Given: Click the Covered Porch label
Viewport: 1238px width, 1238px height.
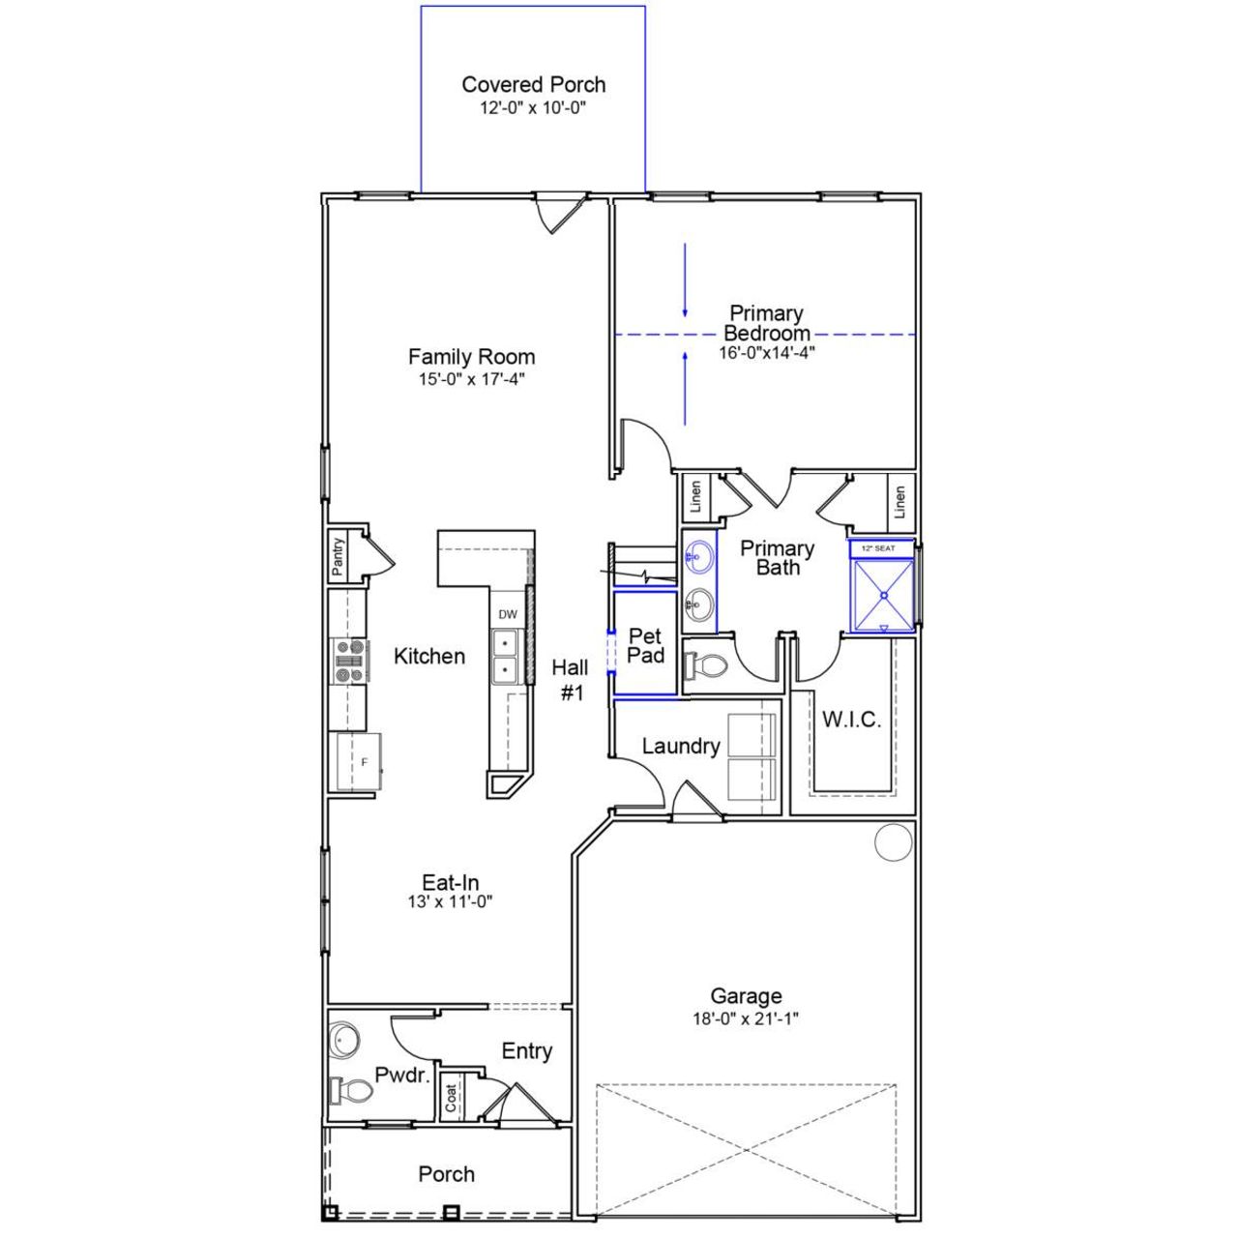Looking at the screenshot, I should pyautogui.click(x=533, y=85).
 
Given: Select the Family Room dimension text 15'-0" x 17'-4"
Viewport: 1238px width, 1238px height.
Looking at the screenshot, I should pyautogui.click(x=471, y=380).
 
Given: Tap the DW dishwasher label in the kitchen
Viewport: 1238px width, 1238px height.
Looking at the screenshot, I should pyautogui.click(x=508, y=614).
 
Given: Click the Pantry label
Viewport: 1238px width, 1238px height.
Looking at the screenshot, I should pyautogui.click(x=338, y=557).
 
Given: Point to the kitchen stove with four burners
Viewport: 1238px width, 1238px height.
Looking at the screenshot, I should pyautogui.click(x=349, y=662).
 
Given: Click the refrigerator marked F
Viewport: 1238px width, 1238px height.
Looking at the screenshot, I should pyautogui.click(x=358, y=762).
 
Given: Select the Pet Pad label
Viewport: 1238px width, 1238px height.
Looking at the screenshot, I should pyautogui.click(x=645, y=645).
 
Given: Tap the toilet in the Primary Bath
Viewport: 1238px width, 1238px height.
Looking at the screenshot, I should pyautogui.click(x=706, y=665).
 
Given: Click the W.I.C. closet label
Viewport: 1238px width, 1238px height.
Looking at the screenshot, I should pyautogui.click(x=851, y=720).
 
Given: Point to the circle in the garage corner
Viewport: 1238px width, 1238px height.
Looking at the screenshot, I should pyautogui.click(x=894, y=841).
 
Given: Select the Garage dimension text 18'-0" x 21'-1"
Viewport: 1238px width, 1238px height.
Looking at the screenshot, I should pyautogui.click(x=746, y=1018).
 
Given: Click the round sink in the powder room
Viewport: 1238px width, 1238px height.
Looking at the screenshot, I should pyautogui.click(x=343, y=1040).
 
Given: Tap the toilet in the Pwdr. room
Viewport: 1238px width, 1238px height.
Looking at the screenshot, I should pyautogui.click(x=349, y=1091).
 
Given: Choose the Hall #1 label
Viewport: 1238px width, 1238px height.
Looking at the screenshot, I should pyautogui.click(x=571, y=679).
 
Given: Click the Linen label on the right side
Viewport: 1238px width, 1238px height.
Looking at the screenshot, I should pyautogui.click(x=899, y=501).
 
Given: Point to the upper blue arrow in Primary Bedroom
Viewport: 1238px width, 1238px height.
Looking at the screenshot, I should pyautogui.click(x=686, y=280).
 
